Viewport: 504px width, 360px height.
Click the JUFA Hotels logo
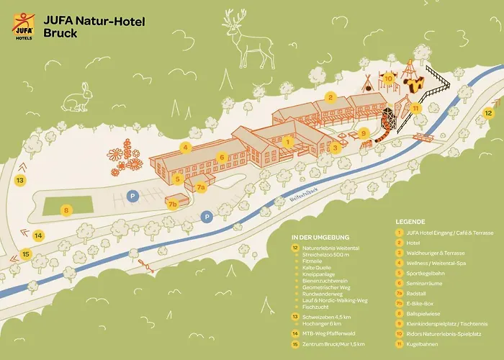pos(24,27)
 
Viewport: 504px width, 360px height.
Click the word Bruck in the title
pos(60,34)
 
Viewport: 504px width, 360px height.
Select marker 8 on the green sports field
pos(67,210)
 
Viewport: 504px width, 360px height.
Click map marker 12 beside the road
pos(488,112)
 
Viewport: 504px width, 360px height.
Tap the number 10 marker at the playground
pos(388,79)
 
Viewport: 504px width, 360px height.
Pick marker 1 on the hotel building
pos(287,142)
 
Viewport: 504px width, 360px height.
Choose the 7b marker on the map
pos(173,204)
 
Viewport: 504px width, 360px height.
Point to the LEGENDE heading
pos(410,222)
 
